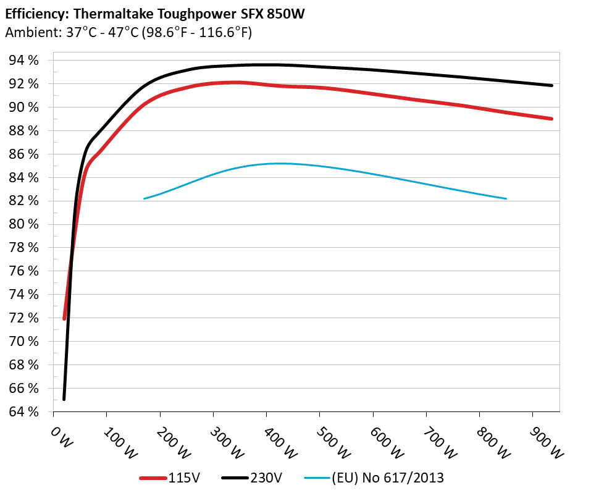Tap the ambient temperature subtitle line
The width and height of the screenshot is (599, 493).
[128, 33]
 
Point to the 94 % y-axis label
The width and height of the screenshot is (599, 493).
[23, 61]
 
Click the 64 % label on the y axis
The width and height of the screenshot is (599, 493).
[23, 411]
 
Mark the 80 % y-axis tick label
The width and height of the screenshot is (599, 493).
[23, 224]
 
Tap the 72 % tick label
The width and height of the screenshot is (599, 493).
[23, 318]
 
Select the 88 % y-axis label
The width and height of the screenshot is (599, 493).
[23, 131]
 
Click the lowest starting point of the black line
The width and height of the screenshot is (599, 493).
[64, 399]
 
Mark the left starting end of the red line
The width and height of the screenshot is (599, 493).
[64, 318]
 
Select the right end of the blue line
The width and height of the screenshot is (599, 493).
[506, 198]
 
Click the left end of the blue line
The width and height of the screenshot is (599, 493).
[144, 198]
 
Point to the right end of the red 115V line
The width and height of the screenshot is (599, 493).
[551, 119]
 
